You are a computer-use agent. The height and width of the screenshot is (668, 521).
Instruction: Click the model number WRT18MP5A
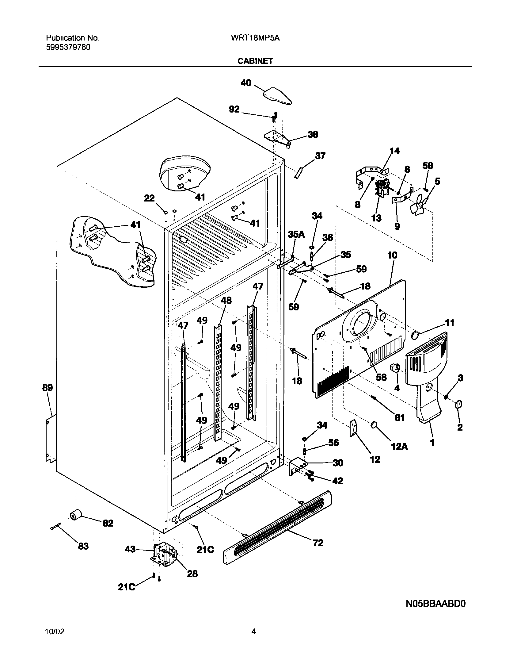pos(255,38)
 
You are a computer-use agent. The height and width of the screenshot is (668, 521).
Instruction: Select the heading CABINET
pos(255,61)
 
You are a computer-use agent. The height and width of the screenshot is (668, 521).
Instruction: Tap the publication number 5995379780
pos(68,47)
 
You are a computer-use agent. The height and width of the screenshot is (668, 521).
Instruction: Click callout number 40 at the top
pos(246,83)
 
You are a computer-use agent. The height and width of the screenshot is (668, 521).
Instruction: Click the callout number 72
pos(318,543)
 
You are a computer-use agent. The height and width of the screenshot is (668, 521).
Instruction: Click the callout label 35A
pos(296,235)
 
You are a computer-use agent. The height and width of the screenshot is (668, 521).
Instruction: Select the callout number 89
pos(48,388)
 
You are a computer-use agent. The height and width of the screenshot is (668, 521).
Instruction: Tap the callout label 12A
pos(399,447)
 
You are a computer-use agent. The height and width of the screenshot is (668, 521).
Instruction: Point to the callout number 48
pos(226,301)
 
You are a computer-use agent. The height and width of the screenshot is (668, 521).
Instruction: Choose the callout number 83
pos(83,546)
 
